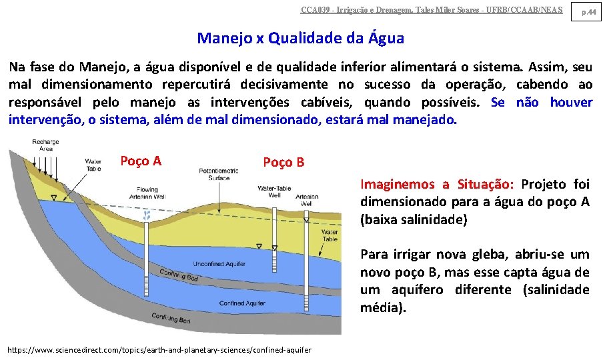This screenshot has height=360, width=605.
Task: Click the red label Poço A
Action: pyautogui.click(x=140, y=161)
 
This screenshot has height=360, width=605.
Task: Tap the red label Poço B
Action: pyautogui.click(x=283, y=162)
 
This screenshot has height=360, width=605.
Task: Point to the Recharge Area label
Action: pyautogui.click(x=45, y=145)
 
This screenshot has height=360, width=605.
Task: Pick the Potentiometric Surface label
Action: pyautogui.click(x=218, y=175)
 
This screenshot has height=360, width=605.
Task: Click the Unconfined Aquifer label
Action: pyautogui.click(x=219, y=263)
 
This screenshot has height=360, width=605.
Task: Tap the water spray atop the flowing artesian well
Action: pyautogui.click(x=148, y=214)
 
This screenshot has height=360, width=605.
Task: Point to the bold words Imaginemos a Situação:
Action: pyautogui.click(x=437, y=184)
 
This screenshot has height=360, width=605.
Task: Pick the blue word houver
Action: pyautogui.click(x=571, y=102)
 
